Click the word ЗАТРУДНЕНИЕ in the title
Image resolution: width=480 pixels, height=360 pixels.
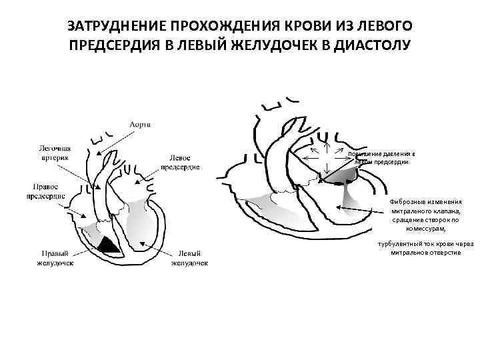[x=115, y=27]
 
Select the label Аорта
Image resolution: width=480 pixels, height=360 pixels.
[x=140, y=125]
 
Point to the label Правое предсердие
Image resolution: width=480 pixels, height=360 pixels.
[x=47, y=191]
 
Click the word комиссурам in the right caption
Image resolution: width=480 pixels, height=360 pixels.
[x=423, y=227]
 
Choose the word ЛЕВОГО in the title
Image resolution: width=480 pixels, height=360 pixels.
[x=388, y=27]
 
